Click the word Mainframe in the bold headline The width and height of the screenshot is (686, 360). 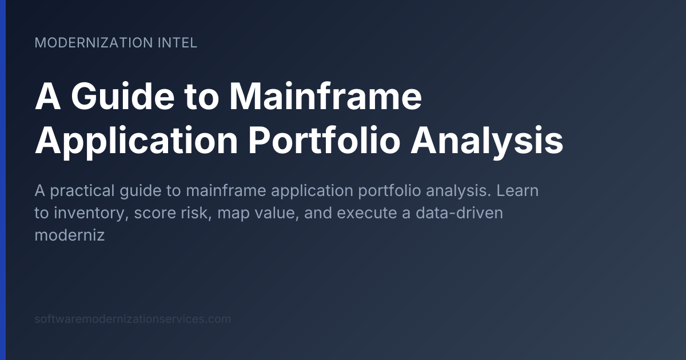325,97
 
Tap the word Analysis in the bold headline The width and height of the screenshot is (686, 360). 486,141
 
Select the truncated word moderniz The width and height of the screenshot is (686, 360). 70,235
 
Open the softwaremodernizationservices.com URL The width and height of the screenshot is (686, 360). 133,319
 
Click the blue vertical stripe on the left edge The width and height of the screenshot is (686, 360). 3,180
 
